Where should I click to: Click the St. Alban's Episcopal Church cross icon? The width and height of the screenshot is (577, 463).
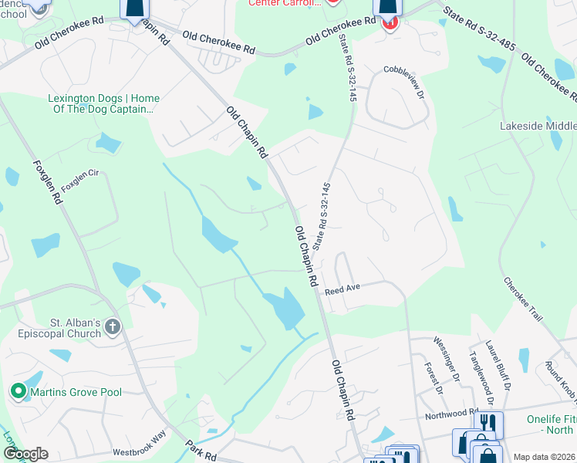click(113, 326)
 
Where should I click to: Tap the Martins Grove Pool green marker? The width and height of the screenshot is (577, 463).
click(19, 393)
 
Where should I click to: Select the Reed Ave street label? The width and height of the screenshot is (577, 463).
click(342, 291)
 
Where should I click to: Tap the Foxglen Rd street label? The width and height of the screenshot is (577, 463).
click(47, 182)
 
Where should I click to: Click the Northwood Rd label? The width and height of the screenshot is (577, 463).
click(454, 414)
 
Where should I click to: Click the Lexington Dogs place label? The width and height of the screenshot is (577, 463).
click(103, 103)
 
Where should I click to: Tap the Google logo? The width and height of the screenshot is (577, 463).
click(25, 454)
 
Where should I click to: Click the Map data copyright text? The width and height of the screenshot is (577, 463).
click(544, 457)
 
